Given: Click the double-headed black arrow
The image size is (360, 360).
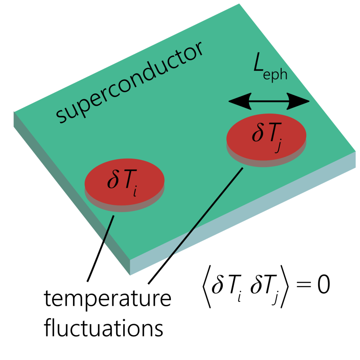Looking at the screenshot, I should pos(269,102).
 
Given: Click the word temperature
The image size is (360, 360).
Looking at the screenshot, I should pos(107,301).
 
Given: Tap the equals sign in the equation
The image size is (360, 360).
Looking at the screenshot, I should pos(298,286).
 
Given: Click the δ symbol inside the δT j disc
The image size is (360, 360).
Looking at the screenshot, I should pos(257,133).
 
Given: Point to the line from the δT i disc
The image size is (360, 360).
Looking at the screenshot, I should pos(101,247).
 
